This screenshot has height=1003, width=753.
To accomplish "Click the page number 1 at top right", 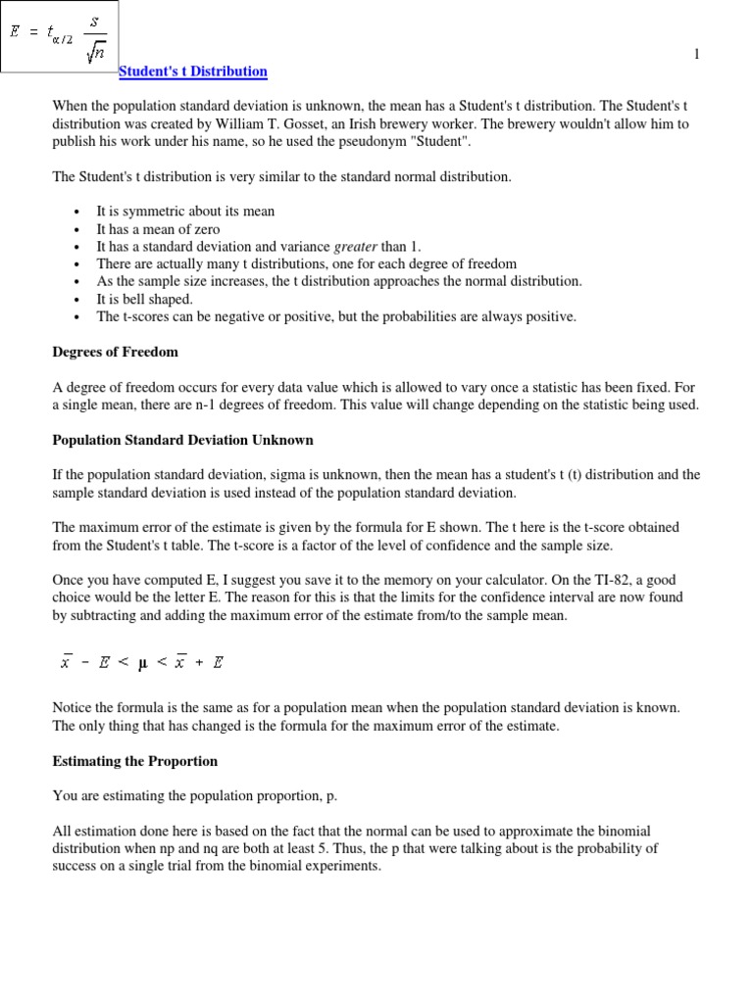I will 697,55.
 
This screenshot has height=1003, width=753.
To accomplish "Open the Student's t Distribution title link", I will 192,72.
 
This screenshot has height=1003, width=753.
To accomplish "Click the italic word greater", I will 356,247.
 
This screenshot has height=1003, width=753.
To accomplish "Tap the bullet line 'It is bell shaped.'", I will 144,299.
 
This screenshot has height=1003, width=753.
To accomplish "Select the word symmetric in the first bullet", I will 150,211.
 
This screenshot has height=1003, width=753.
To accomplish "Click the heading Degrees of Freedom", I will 115,352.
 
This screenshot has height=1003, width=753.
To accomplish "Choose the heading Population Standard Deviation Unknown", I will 182,440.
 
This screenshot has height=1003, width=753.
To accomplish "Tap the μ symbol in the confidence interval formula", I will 142,662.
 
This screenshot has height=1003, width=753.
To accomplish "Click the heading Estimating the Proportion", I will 134,761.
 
